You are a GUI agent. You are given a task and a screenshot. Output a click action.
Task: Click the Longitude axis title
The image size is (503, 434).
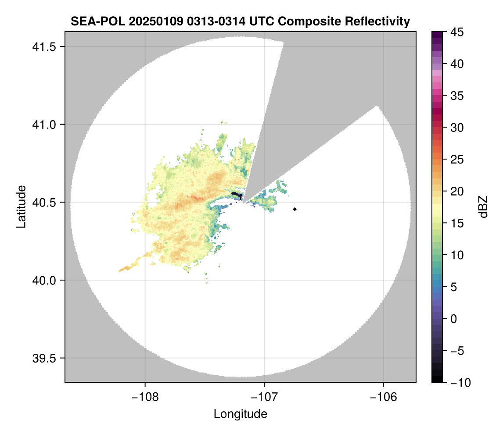point(240,414)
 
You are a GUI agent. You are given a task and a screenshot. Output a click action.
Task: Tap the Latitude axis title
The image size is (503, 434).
point(21,206)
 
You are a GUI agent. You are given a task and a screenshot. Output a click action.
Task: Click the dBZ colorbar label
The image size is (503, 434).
point(483,207)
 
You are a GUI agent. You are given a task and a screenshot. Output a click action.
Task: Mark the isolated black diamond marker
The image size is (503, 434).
point(295,209)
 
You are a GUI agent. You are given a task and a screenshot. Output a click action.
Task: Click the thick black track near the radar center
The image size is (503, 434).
point(237,195)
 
